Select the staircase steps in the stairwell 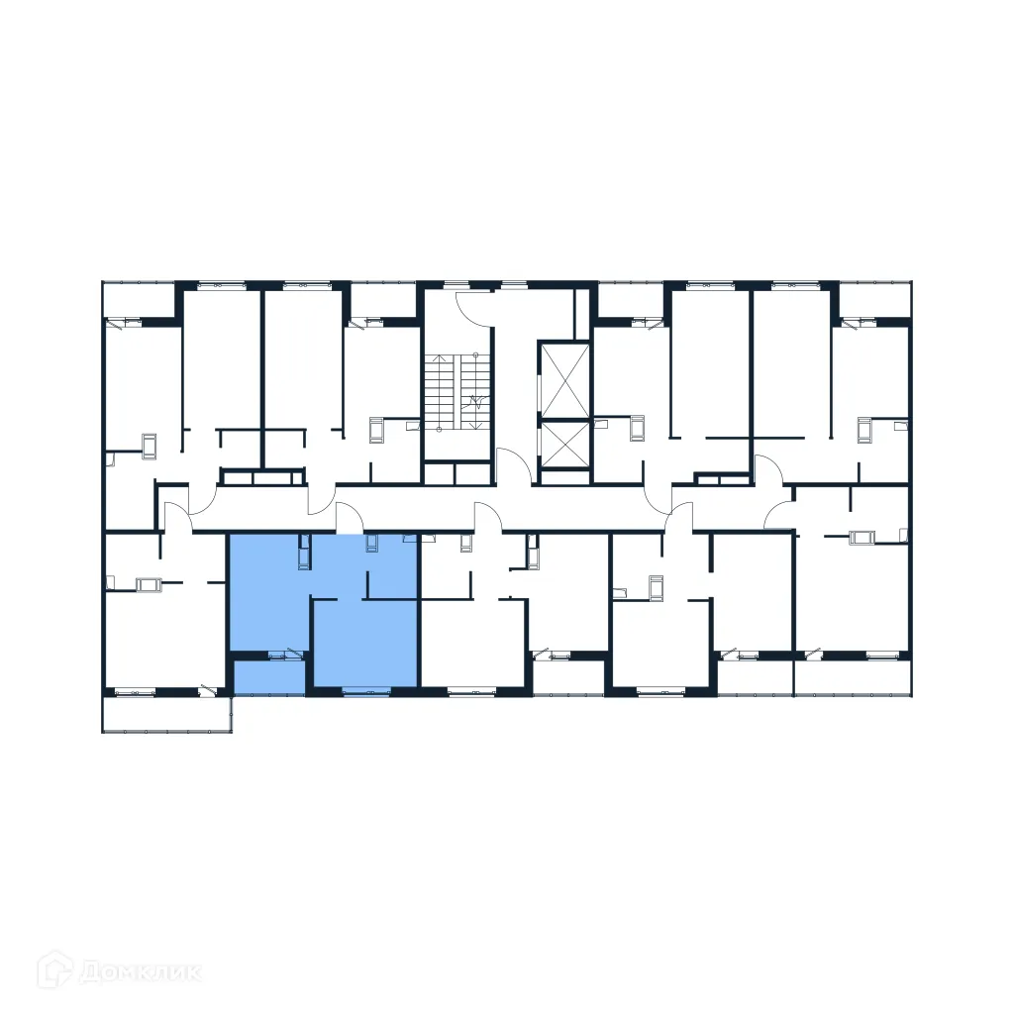(456, 392)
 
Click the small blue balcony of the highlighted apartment (269, 677)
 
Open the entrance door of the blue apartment (350, 518)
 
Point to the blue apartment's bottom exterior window (365, 691)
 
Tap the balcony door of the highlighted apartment (288, 653)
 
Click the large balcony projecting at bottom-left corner (166, 714)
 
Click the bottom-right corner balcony (853, 678)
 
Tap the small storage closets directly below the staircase (456, 473)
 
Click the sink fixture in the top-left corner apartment (150, 445)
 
